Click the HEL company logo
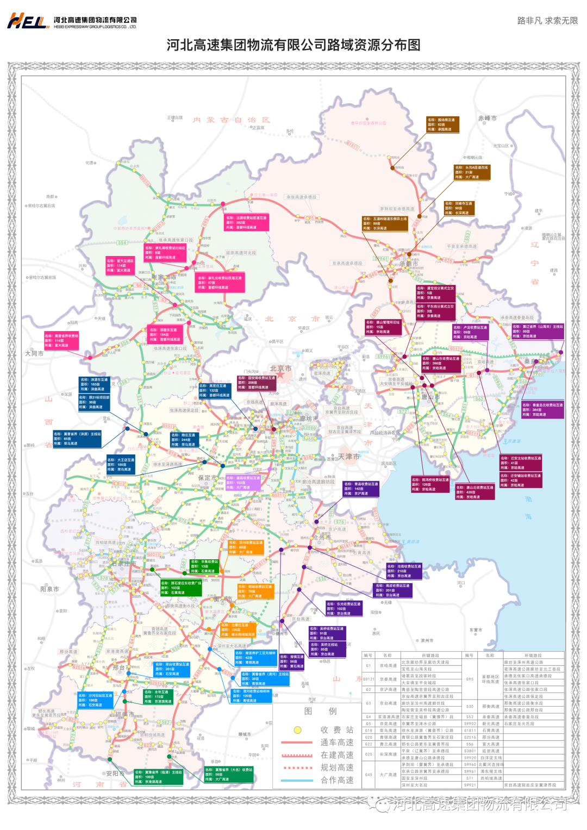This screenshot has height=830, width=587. [28, 21]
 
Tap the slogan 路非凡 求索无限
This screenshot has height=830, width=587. [547, 21]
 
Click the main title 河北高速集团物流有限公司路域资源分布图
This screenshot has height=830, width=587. [293, 45]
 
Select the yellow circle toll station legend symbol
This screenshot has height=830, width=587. [297, 730]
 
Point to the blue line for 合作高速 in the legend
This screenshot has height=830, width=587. [297, 781]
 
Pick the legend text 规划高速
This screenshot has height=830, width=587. [337, 767]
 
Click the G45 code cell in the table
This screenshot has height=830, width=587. [369, 775]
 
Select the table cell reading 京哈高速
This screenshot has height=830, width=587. [388, 665]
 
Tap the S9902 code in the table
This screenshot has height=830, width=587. [470, 723]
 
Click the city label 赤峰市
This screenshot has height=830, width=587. [487, 118]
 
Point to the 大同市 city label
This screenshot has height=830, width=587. [34, 353]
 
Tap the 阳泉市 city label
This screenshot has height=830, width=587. [49, 589]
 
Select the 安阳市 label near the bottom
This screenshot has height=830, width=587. [115, 773]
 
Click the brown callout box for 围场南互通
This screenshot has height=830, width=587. [442, 124]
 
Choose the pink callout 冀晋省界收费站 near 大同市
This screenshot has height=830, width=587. [61, 340]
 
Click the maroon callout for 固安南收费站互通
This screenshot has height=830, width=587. [256, 383]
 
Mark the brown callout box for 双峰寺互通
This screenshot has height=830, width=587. [459, 208]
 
